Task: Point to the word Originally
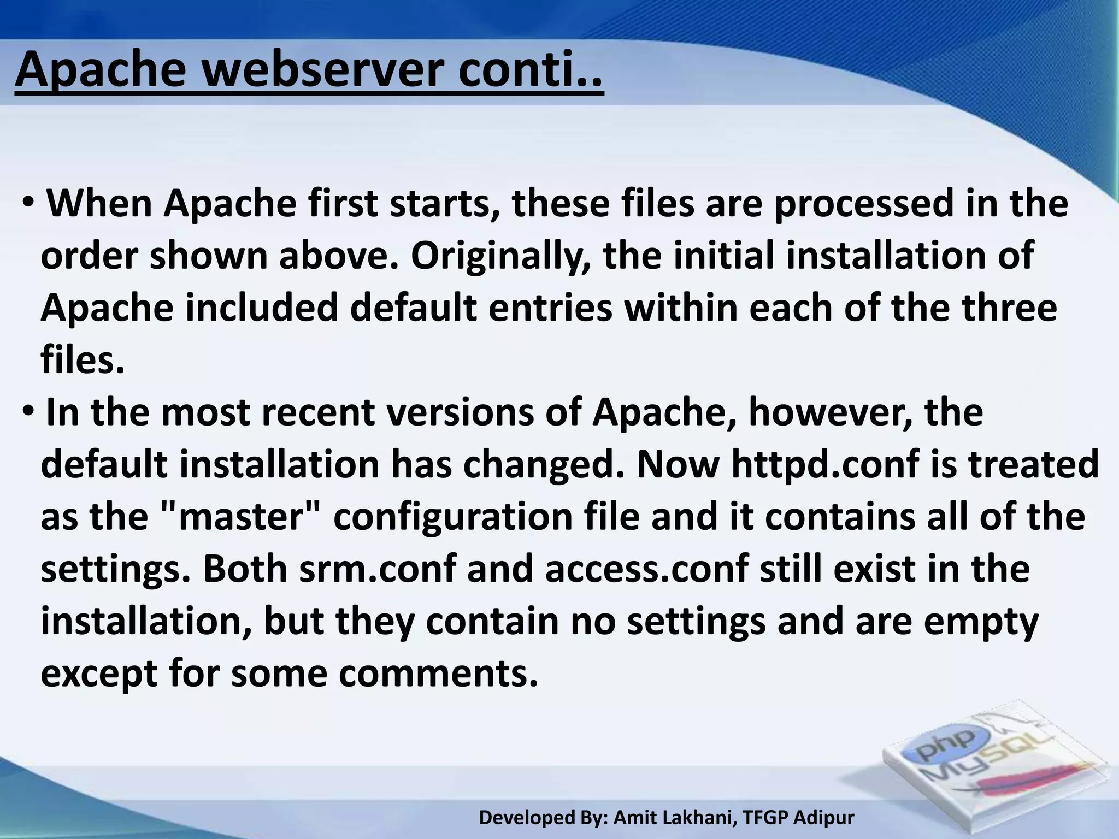tap(500, 256)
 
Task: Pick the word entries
tap(550, 308)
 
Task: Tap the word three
tap(1009, 308)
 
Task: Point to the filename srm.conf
tap(378, 569)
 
